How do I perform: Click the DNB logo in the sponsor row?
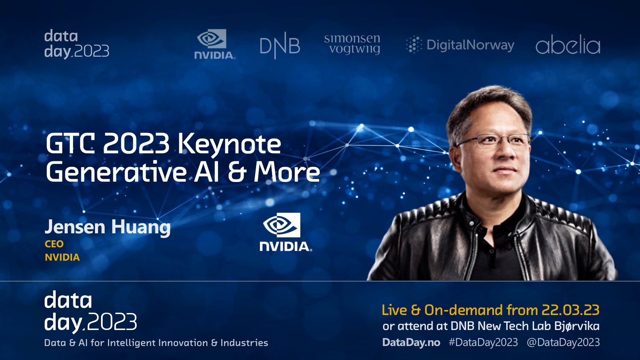pyautogui.click(x=280, y=46)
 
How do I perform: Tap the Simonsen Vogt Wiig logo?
pyautogui.click(x=352, y=44)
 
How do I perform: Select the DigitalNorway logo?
pyautogui.click(x=460, y=45)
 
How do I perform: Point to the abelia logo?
pyautogui.click(x=568, y=44)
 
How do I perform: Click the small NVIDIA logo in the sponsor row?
pyautogui.click(x=215, y=44)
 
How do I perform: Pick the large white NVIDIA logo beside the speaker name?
pyautogui.click(x=286, y=232)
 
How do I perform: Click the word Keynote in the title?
pyautogui.click(x=229, y=144)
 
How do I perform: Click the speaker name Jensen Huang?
pyautogui.click(x=108, y=227)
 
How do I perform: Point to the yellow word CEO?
pyautogui.click(x=54, y=244)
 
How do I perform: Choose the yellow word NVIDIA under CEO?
pyautogui.click(x=62, y=257)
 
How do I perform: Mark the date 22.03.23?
pyautogui.click(x=571, y=310)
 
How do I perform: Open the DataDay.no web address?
pyautogui.click(x=411, y=342)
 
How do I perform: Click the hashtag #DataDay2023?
pyautogui.click(x=483, y=342)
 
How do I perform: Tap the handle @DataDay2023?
pyautogui.click(x=563, y=342)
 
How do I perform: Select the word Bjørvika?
pyautogui.click(x=577, y=326)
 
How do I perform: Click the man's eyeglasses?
pyautogui.click(x=493, y=141)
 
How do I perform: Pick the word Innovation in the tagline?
pyautogui.click(x=183, y=343)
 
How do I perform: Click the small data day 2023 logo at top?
pyautogui.click(x=77, y=44)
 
